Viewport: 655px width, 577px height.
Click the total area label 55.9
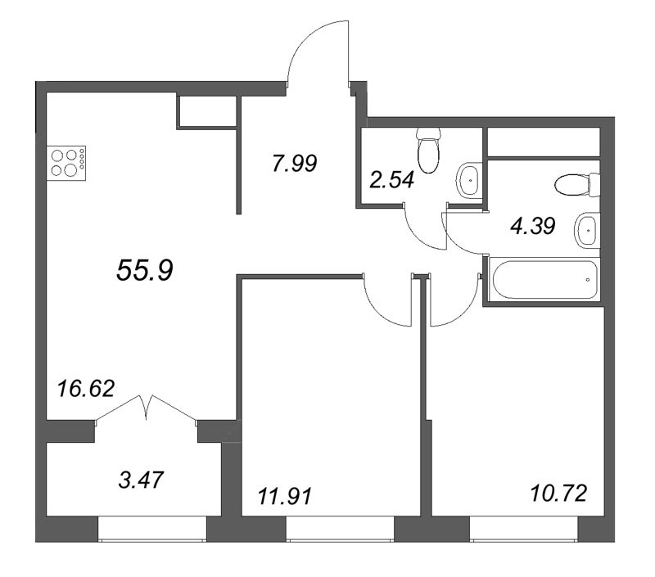pos(144,270)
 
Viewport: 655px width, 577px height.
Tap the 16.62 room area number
pos(86,386)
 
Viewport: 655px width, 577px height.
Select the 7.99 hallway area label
pos(294,164)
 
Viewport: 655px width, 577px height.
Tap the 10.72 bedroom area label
pos(559,494)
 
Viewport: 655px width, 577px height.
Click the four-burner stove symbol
pos(67,161)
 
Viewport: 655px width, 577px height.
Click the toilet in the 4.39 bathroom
pos(576,185)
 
